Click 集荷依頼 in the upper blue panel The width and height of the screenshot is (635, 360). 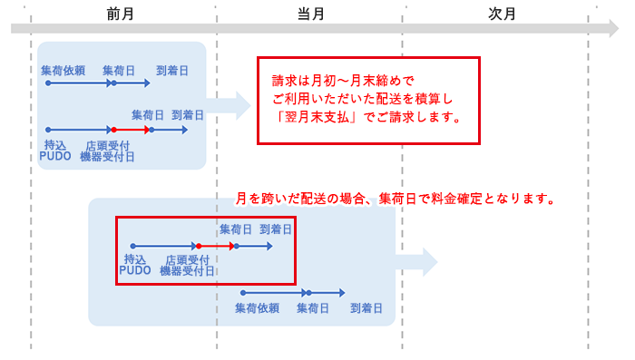pos(63,70)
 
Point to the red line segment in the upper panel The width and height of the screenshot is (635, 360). pos(132,130)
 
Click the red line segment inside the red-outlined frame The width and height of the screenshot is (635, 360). pos(216,246)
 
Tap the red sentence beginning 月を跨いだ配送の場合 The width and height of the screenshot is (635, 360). pos(395,199)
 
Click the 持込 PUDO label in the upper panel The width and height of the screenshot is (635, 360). pos(55,150)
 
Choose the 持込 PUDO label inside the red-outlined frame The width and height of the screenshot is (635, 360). pos(135,265)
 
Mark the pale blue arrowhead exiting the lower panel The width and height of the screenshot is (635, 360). pos(427,262)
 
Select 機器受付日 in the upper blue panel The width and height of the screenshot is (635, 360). pos(107,157)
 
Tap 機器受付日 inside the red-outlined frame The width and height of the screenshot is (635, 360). pos(187,270)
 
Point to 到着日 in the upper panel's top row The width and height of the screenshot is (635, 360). pos(172,70)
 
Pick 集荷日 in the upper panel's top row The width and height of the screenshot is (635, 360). pos(120,70)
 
